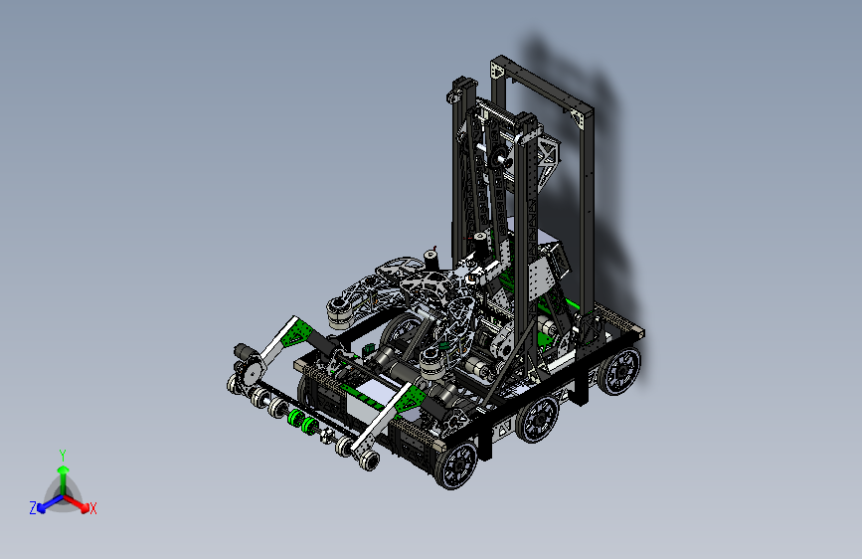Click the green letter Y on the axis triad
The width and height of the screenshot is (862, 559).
click(63, 455)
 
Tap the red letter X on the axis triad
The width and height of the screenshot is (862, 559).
click(92, 508)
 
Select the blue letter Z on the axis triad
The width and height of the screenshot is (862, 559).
click(33, 508)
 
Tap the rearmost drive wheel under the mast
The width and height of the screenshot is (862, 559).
click(619, 371)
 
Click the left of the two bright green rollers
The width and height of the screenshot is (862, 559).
click(295, 419)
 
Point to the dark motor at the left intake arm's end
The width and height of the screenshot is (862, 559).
click(244, 351)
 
